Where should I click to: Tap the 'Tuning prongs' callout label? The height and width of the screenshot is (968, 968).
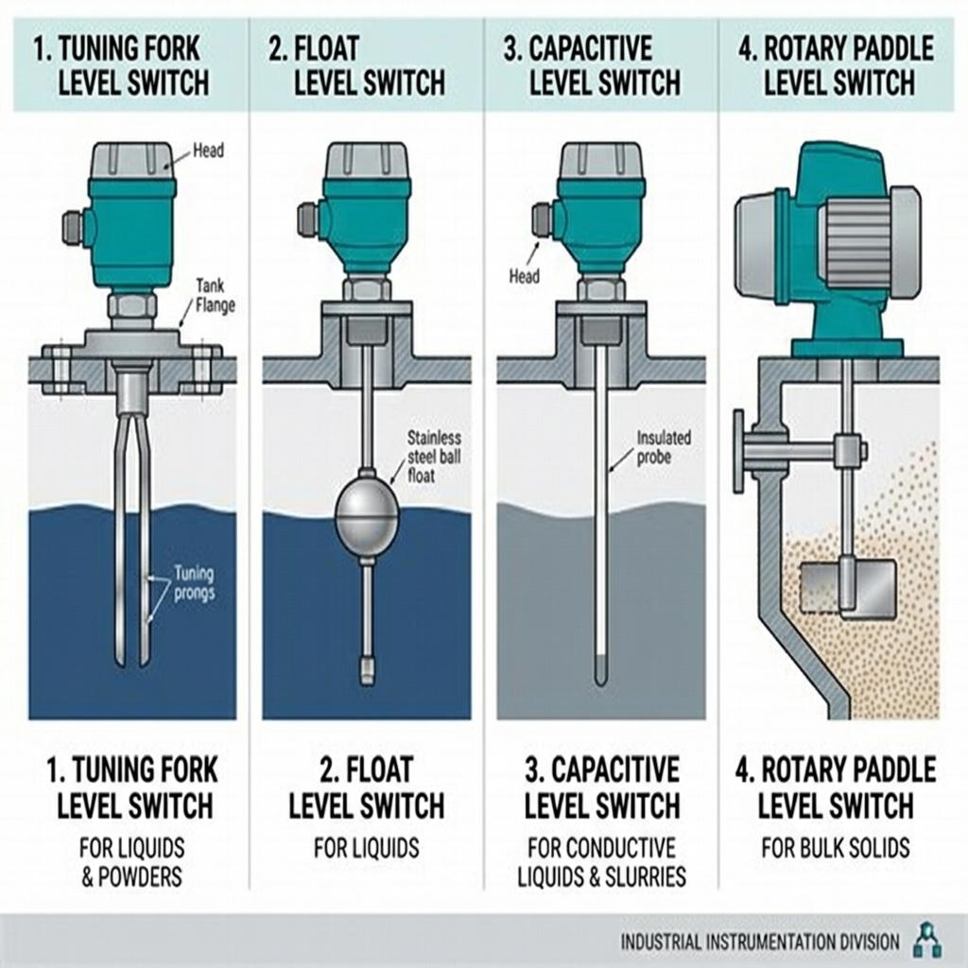tap(195, 583)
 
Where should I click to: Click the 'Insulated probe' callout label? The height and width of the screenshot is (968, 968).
tap(664, 446)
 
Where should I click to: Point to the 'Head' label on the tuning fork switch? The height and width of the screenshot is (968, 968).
tap(208, 149)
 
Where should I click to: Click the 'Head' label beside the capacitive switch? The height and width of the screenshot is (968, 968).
tap(524, 276)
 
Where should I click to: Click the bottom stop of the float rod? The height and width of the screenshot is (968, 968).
tap(367, 670)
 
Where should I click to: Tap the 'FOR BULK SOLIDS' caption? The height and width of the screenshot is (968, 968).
tap(836, 847)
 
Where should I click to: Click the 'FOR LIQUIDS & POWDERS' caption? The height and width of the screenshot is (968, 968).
tap(132, 861)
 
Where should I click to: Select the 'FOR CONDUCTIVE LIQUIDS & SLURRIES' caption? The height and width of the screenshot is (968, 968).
tap(601, 861)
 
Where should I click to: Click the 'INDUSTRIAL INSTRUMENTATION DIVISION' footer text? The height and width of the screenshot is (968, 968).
tap(760, 942)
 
